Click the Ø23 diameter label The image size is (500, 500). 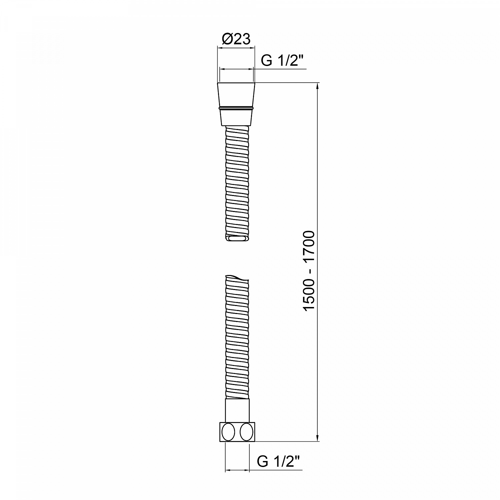click(x=236, y=39)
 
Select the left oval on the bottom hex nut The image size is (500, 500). click(x=229, y=432)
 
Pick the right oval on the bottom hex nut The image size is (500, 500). click(x=246, y=432)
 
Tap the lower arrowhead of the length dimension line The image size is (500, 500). click(x=318, y=438)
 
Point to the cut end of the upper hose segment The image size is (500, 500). click(x=237, y=238)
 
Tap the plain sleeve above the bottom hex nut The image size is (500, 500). click(x=237, y=410)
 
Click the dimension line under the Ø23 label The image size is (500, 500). click(x=236, y=48)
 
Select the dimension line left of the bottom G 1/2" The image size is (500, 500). click(x=237, y=470)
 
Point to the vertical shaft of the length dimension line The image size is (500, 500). click(x=318, y=200)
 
